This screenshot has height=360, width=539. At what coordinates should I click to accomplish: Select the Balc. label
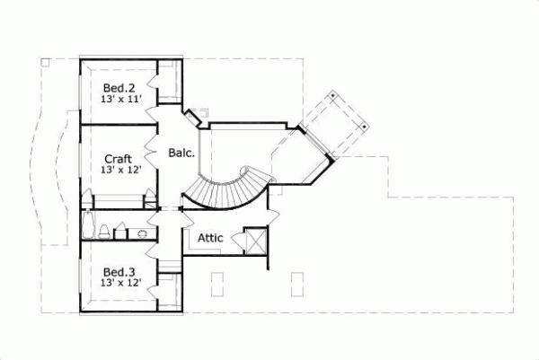pos(181,154)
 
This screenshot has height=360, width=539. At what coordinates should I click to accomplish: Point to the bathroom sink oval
pos(141,234)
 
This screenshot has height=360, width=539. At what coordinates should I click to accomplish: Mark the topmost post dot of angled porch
pos(333,92)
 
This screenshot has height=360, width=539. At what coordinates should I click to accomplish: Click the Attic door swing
pos(236,240)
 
